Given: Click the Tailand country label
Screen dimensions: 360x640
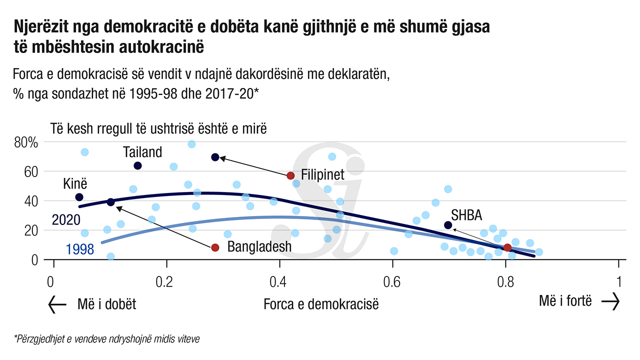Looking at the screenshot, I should pos(142,152).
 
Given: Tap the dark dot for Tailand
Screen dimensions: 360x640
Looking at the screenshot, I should pos(138,165).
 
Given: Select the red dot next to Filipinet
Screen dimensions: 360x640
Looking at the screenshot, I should pos(290,175).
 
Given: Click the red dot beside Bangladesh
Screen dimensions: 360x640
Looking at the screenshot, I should pos(215,247).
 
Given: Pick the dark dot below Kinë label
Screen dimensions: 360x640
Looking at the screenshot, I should pos(79,197).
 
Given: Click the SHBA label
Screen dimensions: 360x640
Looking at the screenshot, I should pos(466,215).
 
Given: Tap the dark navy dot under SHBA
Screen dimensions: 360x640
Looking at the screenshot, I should pos(448,225).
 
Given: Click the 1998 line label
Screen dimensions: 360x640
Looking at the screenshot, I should pos(79,248).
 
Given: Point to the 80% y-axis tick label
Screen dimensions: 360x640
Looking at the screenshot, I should pos(26,143).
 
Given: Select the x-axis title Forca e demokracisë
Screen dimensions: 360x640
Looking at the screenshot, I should pos(321,303).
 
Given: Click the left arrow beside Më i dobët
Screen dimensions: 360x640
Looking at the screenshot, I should pos(57,303).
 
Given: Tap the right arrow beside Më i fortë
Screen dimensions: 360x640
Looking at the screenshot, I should pos(610,301).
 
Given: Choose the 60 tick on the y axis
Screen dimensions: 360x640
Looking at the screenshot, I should pos(31,172).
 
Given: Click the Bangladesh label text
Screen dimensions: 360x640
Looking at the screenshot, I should pos(259,246).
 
